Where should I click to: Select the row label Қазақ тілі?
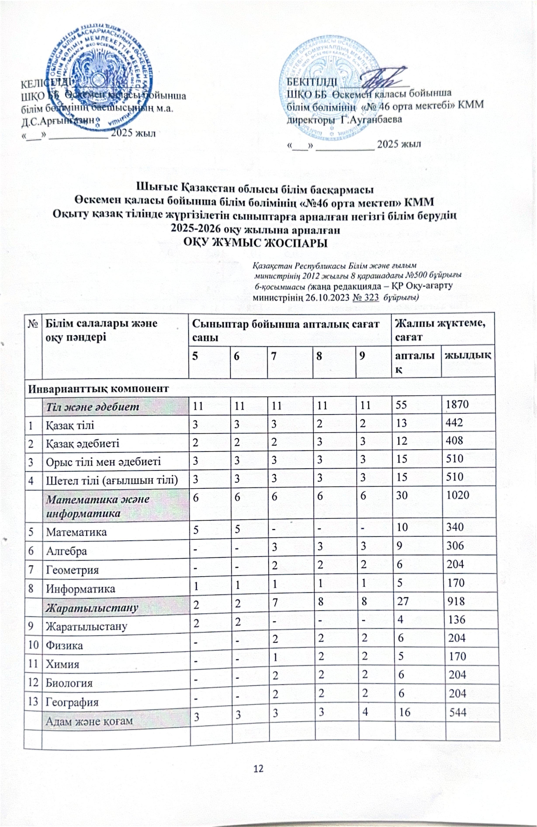70,425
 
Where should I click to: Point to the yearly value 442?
455,422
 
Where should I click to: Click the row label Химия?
62,664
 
